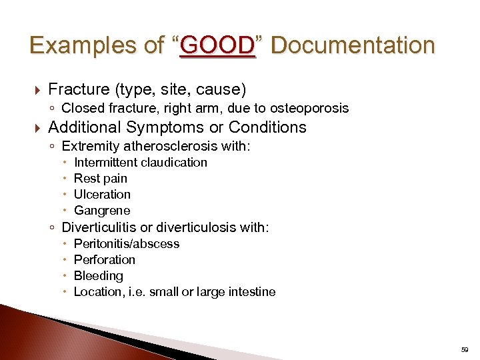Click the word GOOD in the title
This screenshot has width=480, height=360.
(217, 45)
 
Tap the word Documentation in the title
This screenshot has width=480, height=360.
(353, 45)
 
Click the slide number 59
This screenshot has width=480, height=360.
(465, 349)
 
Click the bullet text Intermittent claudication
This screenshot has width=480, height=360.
(141, 163)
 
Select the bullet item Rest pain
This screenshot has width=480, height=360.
(101, 179)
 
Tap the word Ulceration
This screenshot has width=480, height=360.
(102, 195)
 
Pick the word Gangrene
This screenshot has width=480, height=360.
(102, 211)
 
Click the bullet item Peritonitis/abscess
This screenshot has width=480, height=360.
(127, 244)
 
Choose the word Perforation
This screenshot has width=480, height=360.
(105, 260)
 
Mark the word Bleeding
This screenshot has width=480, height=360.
(99, 276)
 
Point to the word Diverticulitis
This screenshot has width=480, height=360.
(101, 227)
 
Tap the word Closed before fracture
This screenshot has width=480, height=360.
(80, 108)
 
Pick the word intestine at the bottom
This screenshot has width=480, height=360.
(250, 292)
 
